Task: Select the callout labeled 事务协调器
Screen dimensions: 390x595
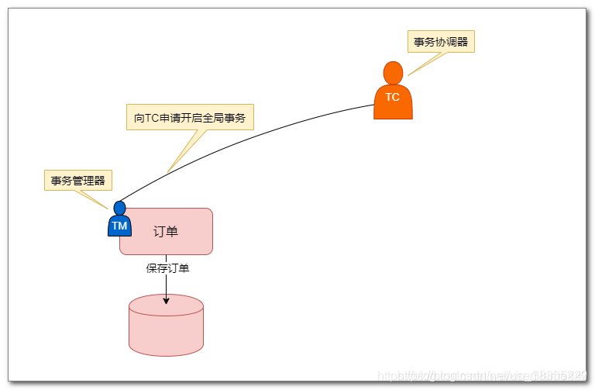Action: click(x=441, y=42)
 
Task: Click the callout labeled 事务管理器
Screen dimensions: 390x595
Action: click(x=78, y=181)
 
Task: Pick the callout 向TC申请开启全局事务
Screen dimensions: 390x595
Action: click(x=190, y=117)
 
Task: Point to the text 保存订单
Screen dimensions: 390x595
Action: click(x=167, y=269)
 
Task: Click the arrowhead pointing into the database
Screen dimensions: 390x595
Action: click(x=166, y=300)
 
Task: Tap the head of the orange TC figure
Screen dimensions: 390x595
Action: click(x=394, y=72)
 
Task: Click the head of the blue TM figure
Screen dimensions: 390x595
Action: click(x=119, y=208)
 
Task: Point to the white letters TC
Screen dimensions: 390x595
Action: click(x=393, y=98)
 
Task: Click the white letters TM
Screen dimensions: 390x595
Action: click(x=119, y=226)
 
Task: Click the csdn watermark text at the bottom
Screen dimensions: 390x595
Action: click(x=480, y=375)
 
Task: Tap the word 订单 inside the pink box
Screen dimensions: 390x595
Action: click(x=166, y=231)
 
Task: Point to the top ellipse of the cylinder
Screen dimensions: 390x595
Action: click(x=166, y=305)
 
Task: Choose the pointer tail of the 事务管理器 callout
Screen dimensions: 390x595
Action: click(x=99, y=200)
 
